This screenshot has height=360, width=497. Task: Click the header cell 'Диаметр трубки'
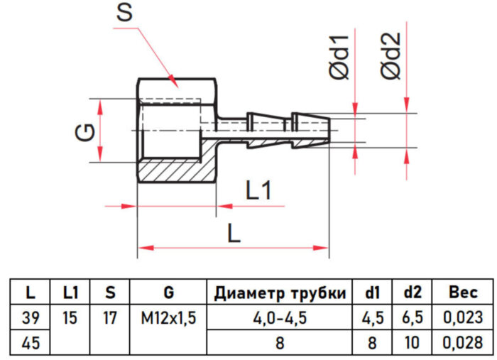(280, 293)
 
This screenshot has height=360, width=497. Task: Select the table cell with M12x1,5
(168, 317)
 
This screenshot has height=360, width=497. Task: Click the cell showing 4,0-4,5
(280, 317)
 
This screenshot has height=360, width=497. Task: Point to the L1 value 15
(70, 317)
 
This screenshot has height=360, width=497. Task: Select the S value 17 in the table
(109, 317)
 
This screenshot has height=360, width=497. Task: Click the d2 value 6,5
(413, 317)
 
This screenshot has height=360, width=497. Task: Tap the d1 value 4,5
(372, 317)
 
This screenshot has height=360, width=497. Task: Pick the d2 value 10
(413, 342)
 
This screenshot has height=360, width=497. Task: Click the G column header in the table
(168, 293)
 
